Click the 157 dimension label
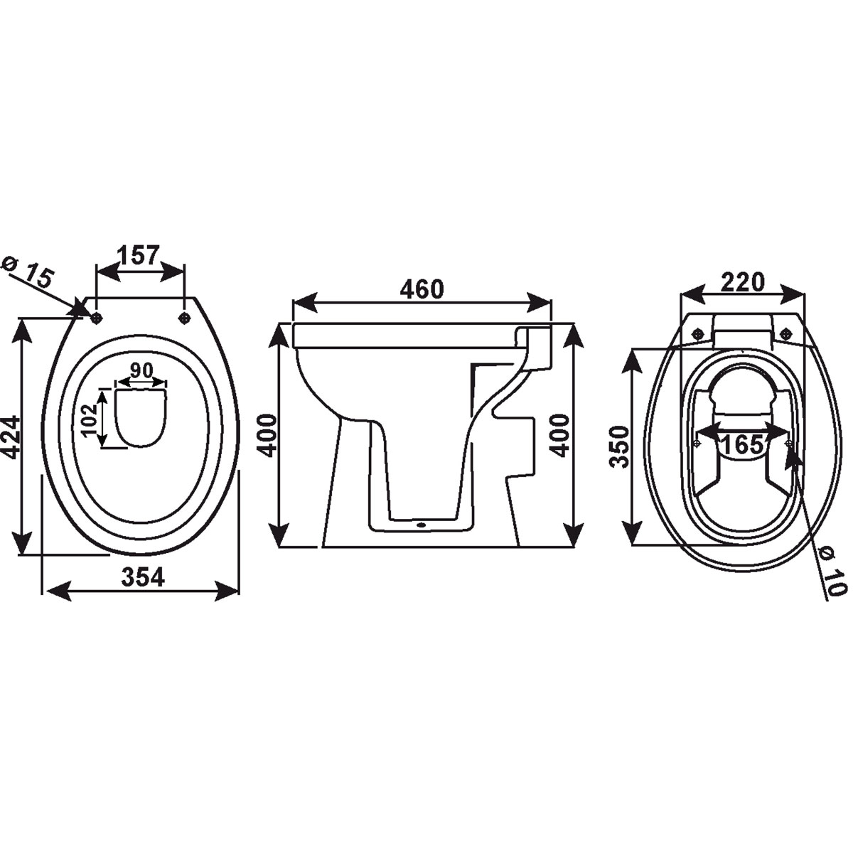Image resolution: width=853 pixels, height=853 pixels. (x=139, y=254)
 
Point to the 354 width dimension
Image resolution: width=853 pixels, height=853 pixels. (x=142, y=577)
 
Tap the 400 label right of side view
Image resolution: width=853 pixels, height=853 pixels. (x=560, y=435)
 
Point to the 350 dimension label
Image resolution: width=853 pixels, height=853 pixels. (x=620, y=446)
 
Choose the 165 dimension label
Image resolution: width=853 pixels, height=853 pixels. (x=743, y=444)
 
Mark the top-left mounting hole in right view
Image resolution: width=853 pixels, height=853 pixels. (x=698, y=334)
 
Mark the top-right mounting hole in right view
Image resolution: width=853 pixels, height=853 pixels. (x=786, y=334)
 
